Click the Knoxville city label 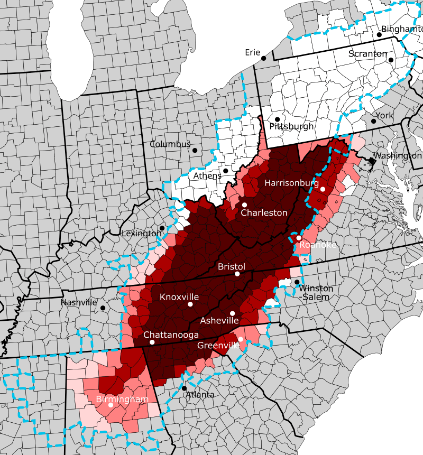pos(179,297)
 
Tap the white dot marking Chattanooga pos(152,342)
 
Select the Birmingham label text pos(122,399)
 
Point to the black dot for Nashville pos(103,308)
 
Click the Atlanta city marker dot pos(184,388)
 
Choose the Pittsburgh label pos(291,127)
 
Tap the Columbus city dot pos(195,150)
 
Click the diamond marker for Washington pos(372,161)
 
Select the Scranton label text pos(368,54)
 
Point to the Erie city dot pos(263,58)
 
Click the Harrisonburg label pos(292,183)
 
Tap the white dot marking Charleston pos(245,205)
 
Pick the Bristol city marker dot pos(237,274)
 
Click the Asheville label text pos(219,321)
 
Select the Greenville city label pos(218,346)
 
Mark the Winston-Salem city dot pos(297,282)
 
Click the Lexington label pos(142,234)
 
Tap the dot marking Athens pos(226,171)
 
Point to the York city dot pos(373,121)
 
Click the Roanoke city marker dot pos(299,238)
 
